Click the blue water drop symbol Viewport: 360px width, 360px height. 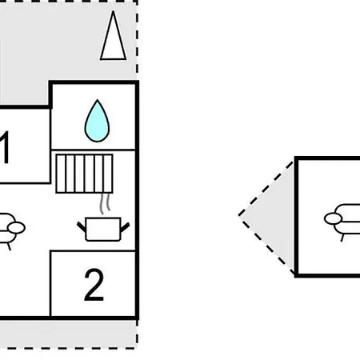coord(97,122)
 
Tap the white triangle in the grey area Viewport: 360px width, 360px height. coord(113,40)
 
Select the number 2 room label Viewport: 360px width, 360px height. coord(94,285)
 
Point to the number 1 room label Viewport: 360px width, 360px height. coord(5,147)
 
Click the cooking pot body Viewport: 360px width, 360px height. coord(103,230)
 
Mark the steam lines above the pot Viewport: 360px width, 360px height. coord(105,203)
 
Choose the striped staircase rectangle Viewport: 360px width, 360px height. coord(85,174)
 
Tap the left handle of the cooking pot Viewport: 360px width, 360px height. coord(82,226)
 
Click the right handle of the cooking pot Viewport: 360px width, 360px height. coord(125,227)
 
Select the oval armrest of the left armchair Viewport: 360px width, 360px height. coord(17,228)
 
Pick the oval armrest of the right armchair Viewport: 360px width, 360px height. coord(333,218)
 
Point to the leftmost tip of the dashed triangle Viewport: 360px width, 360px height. coord(238,215)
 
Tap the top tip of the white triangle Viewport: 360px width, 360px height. coord(113,11)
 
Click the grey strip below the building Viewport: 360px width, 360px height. coord(68,334)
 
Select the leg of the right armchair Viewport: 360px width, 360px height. coord(342,237)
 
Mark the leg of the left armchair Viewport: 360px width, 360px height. coord(9,246)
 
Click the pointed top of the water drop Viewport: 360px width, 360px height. coord(98,100)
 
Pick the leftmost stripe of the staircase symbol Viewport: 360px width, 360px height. coord(61,174)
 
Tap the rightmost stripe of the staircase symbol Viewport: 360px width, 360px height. coord(108,174)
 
